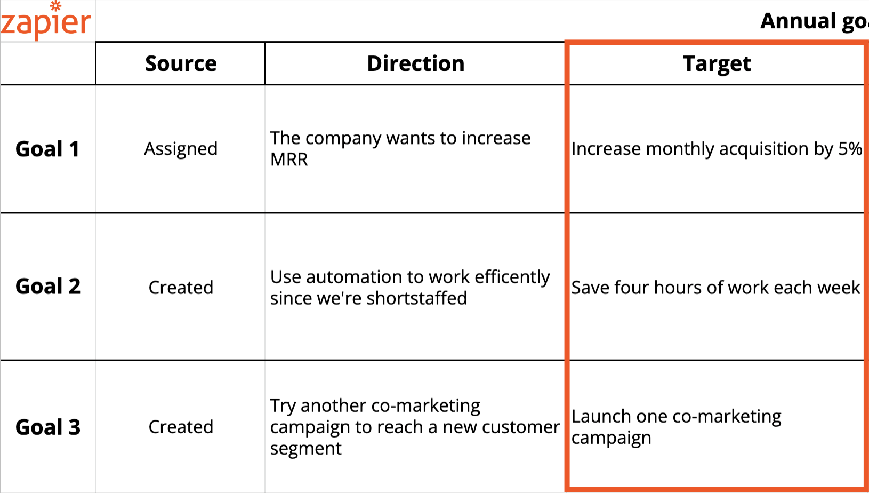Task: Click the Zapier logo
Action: [45, 21]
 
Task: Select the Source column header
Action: [181, 63]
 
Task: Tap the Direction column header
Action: [415, 63]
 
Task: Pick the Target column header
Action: [717, 64]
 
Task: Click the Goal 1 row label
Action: [47, 149]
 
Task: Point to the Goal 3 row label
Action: [48, 427]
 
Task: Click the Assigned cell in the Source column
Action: [181, 149]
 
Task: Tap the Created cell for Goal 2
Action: [181, 287]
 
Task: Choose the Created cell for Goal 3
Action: [181, 427]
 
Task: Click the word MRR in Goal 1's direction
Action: [289, 159]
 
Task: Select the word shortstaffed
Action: [417, 298]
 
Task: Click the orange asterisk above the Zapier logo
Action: [56, 6]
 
